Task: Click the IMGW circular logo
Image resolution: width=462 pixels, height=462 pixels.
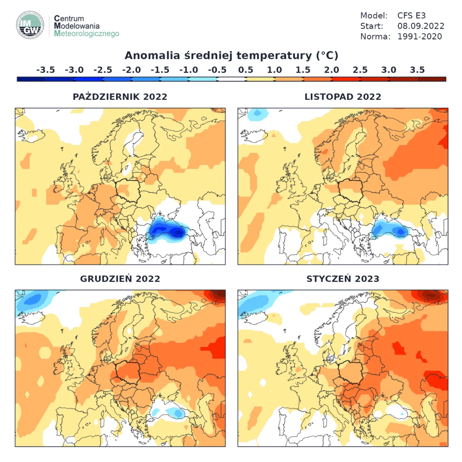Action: tap(30, 25)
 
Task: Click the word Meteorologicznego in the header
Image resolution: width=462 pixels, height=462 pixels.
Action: tap(87, 33)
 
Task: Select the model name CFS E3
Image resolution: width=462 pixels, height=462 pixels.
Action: tap(411, 16)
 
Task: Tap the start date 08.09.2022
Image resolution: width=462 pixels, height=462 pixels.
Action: tap(420, 26)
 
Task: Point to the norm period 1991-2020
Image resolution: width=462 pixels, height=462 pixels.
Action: tap(419, 37)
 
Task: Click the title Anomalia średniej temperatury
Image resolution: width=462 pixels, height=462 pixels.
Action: tap(231, 55)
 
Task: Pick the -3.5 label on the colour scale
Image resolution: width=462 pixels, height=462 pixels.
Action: tap(45, 70)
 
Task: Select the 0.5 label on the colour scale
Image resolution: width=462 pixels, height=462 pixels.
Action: tap(246, 70)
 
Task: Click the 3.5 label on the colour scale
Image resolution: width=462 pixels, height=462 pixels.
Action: tap(417, 70)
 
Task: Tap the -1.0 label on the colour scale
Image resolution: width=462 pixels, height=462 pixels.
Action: tap(188, 70)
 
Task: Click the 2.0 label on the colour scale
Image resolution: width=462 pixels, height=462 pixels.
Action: tap(331, 70)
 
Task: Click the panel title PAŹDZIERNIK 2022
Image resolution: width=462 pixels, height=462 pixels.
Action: tap(120, 97)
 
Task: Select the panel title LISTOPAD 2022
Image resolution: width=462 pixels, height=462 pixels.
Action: tap(343, 97)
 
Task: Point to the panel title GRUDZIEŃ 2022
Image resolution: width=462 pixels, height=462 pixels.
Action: tap(120, 279)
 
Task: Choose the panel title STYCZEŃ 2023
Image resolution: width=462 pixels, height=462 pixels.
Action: tap(343, 279)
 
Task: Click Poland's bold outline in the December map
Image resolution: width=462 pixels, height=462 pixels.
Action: tap(128, 372)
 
